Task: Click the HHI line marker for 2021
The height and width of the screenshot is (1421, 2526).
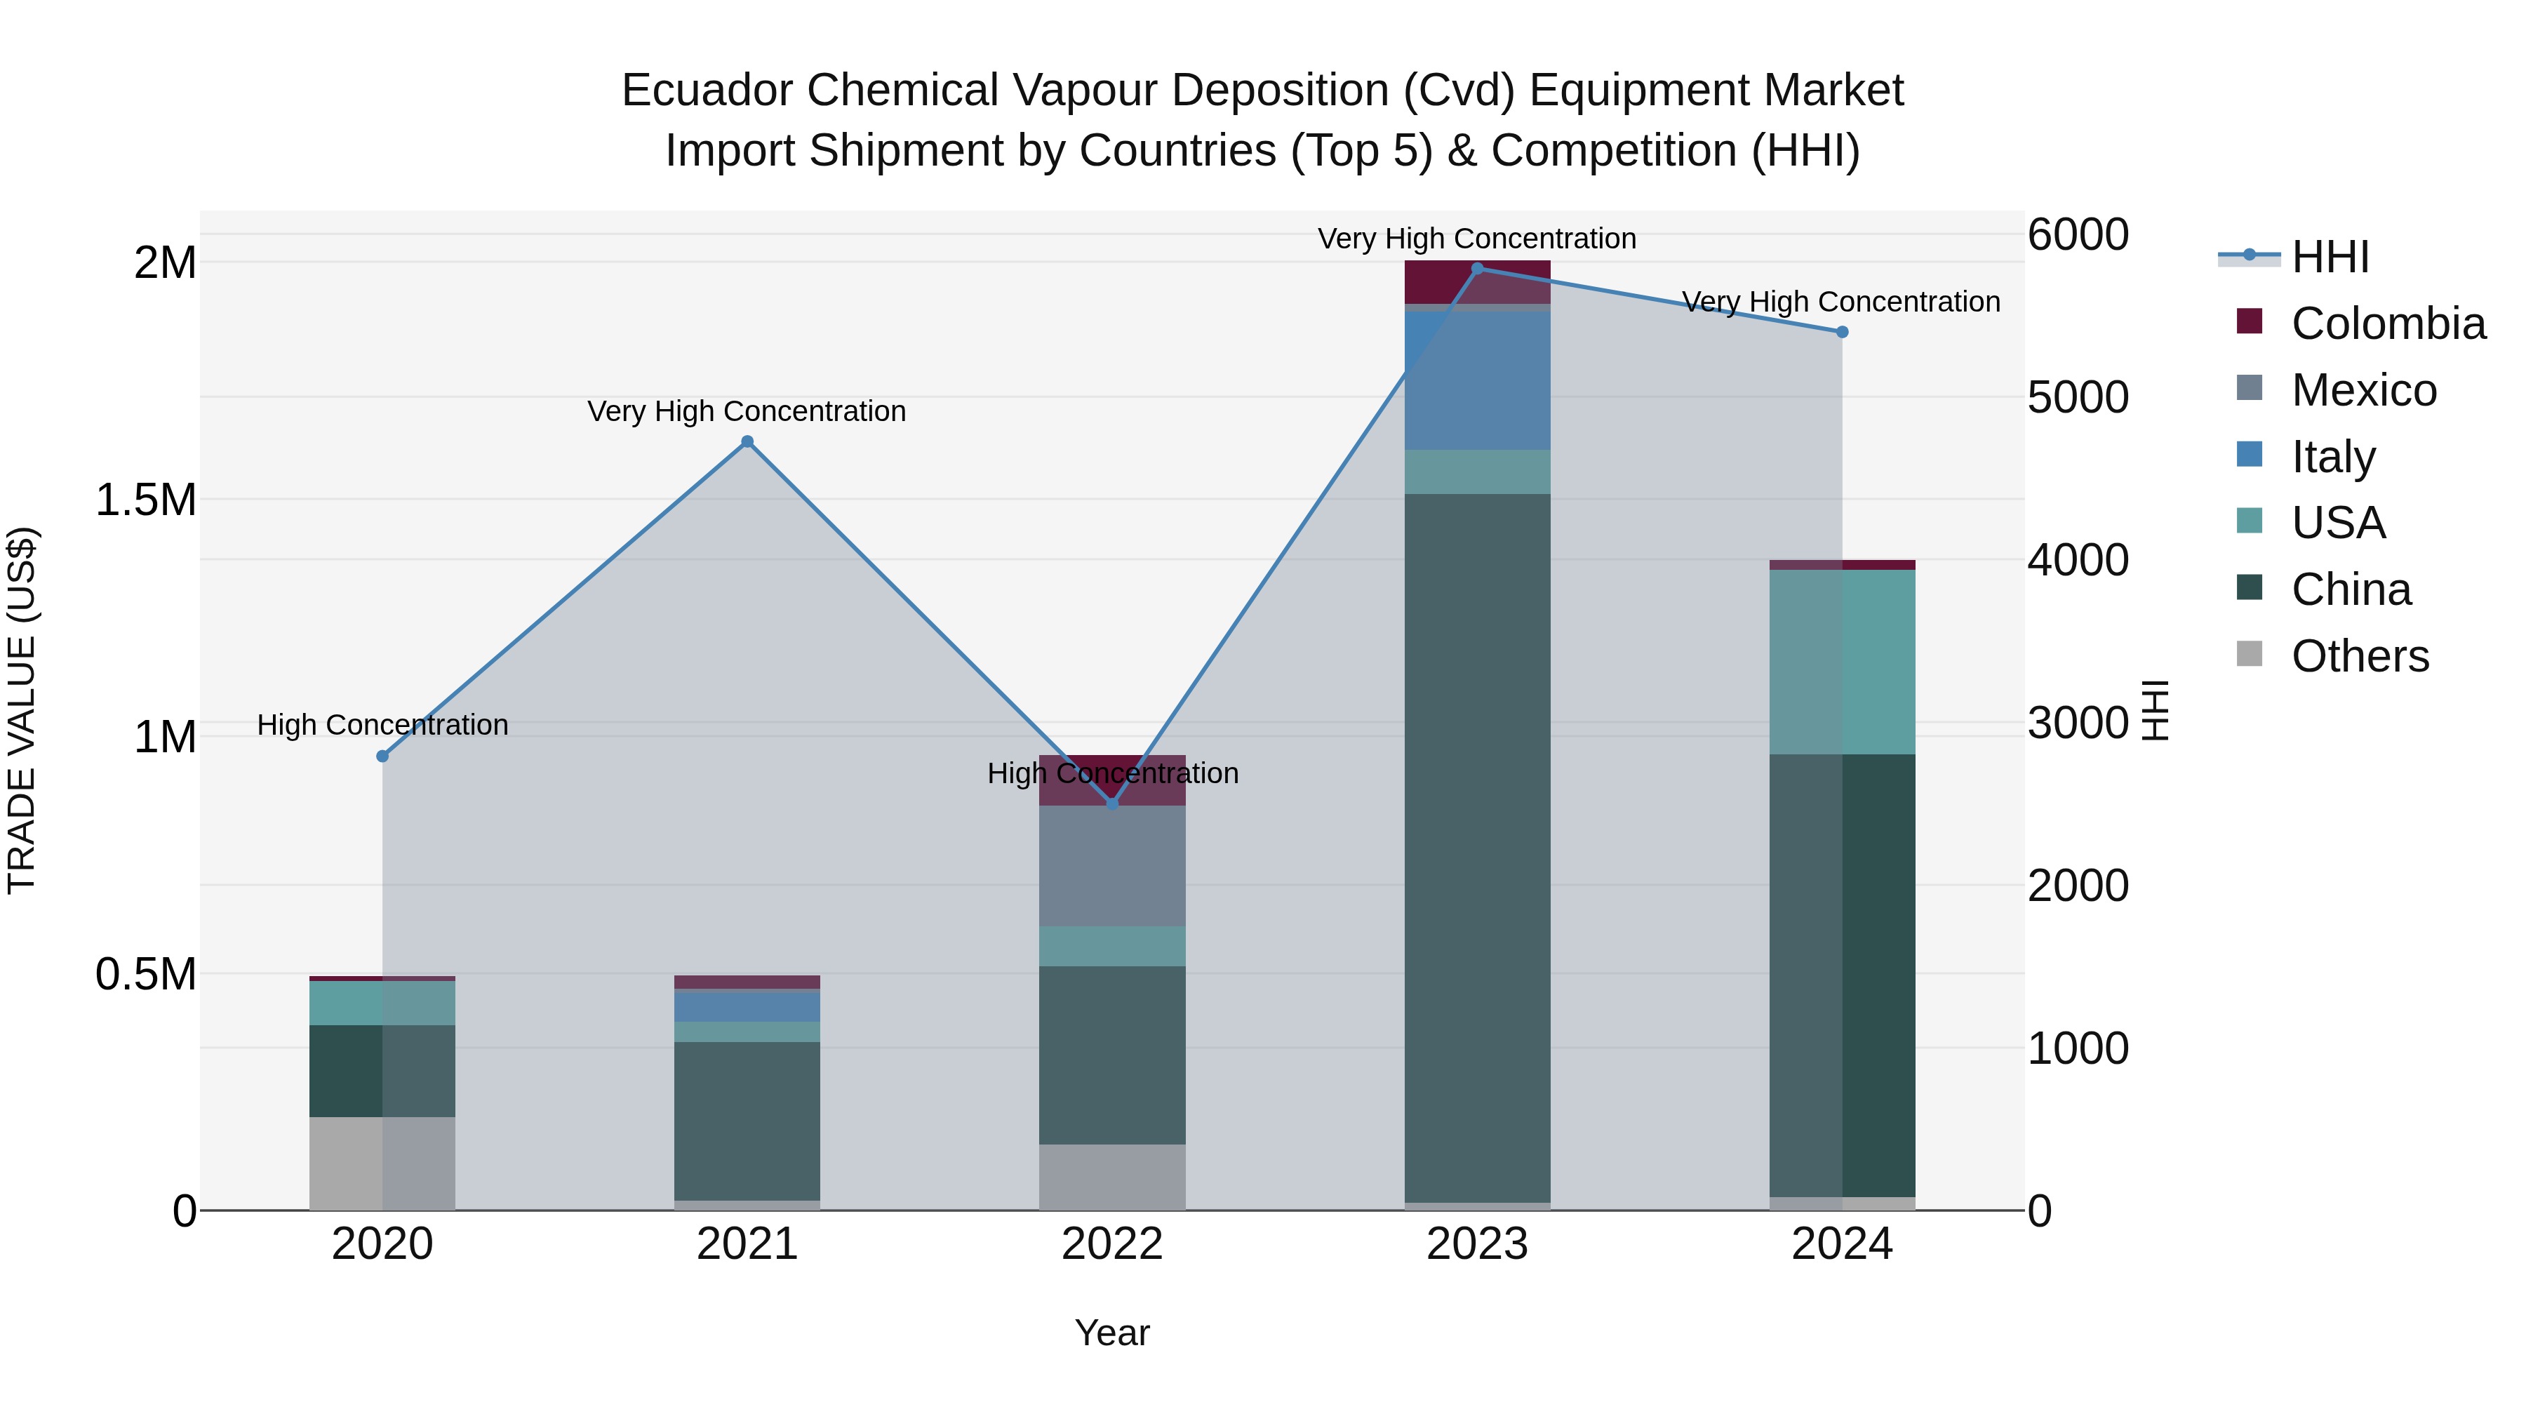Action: (747, 441)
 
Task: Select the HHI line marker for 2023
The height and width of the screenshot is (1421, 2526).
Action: (1478, 268)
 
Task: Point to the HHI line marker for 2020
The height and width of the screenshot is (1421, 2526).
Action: (382, 756)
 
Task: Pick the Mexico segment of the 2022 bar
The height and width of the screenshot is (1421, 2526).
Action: (1112, 865)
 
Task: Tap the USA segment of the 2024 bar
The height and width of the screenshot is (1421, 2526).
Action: (1842, 662)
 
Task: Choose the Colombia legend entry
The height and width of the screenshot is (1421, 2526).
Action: (2387, 323)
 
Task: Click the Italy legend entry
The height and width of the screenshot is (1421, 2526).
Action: (2333, 457)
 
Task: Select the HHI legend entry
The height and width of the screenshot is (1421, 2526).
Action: (2330, 257)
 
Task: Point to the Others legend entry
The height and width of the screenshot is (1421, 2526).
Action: (2359, 656)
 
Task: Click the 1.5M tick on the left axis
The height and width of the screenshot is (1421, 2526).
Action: (146, 500)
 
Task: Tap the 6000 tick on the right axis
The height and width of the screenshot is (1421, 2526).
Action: (2078, 234)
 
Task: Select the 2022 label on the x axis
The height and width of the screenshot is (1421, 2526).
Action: (1112, 1244)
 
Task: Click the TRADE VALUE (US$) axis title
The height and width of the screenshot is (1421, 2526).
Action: (22, 710)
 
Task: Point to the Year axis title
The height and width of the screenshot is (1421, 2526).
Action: (1112, 1333)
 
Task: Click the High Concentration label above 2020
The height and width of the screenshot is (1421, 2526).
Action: (382, 725)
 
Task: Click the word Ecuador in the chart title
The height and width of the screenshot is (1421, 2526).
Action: (707, 91)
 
